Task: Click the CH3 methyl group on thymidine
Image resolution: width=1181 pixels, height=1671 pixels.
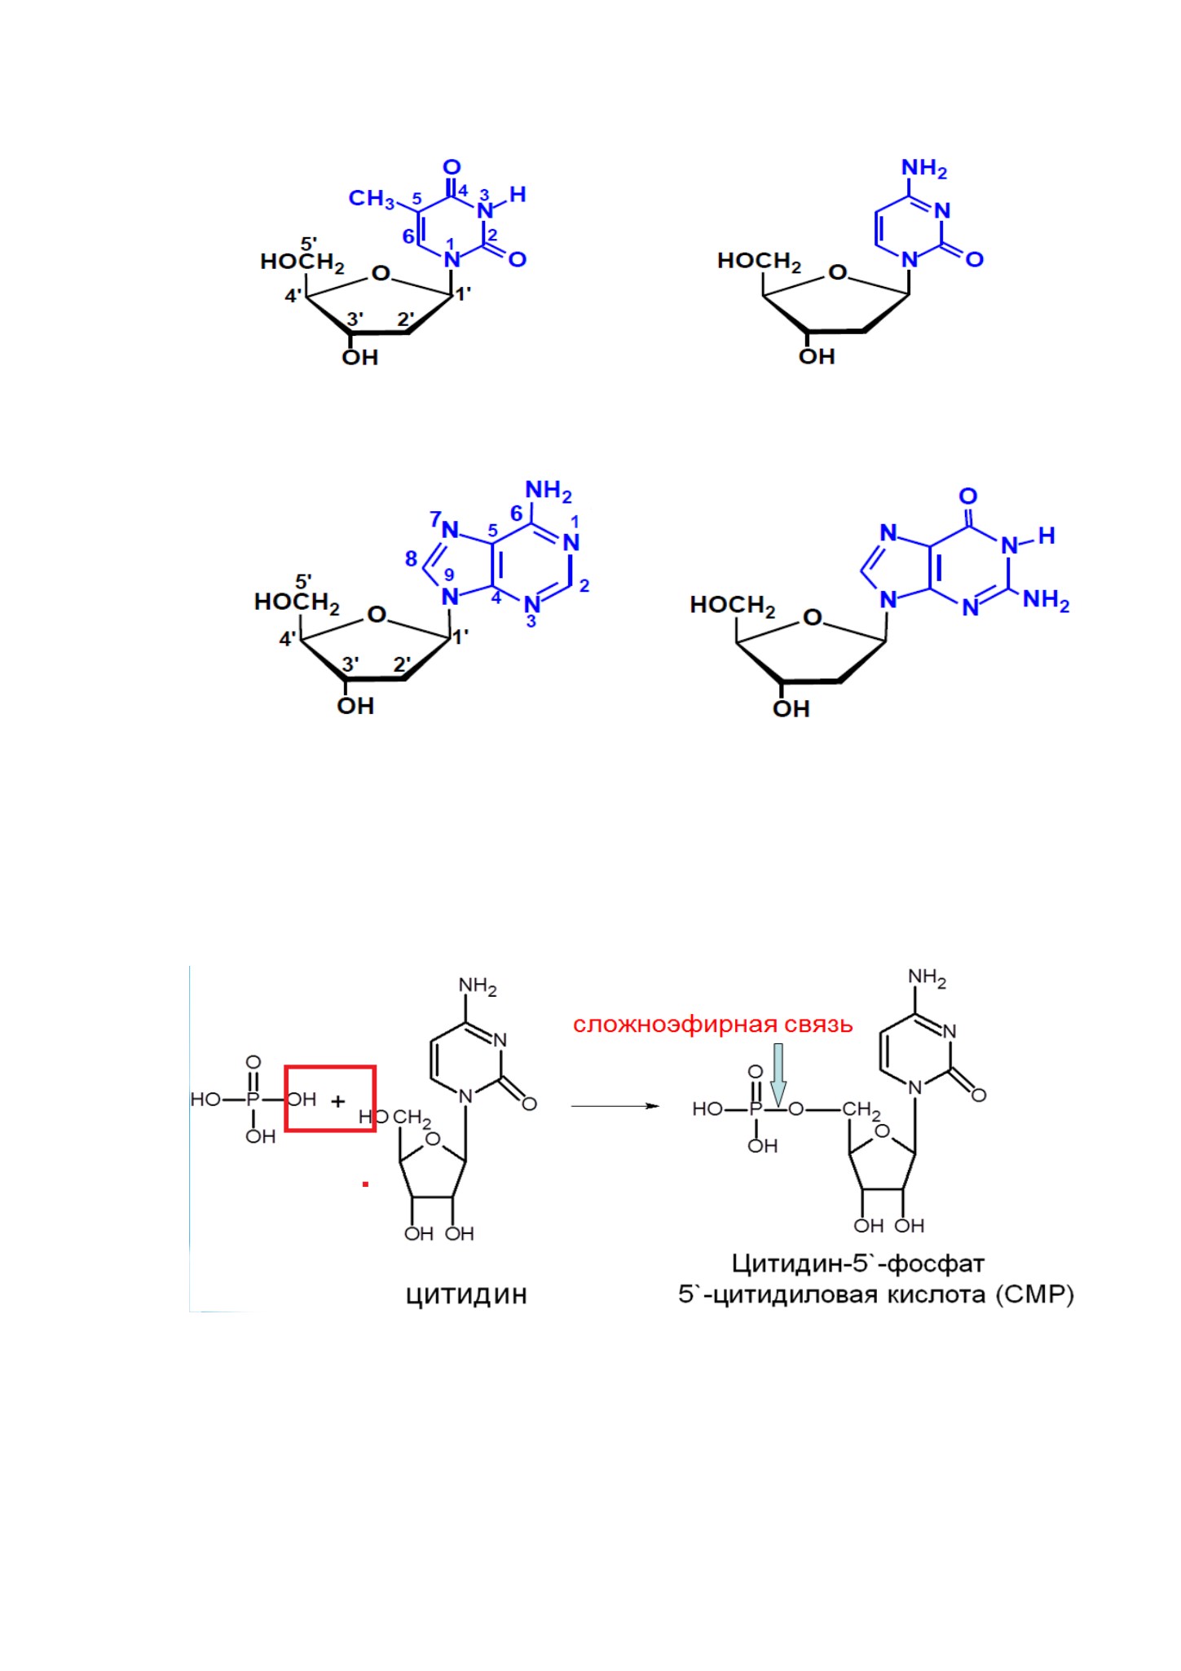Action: coord(372,199)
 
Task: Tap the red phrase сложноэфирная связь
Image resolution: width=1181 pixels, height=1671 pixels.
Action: coord(712,1025)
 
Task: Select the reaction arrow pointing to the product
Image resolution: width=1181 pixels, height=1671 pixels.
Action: coord(615,1106)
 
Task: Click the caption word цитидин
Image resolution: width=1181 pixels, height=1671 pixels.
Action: coord(466,1295)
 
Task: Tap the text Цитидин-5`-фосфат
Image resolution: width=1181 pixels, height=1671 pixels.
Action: coord(858,1263)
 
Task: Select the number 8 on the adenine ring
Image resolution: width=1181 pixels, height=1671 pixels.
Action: coord(412,559)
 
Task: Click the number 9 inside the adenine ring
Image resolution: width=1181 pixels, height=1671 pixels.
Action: coord(449,574)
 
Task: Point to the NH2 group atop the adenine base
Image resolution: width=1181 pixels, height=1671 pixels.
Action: coord(549,492)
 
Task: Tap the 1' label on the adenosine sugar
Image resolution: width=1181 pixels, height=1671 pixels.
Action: coord(461,637)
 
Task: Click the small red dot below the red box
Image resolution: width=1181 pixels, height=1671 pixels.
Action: coord(366,1184)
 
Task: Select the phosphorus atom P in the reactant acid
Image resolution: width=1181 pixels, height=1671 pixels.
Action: coord(253,1100)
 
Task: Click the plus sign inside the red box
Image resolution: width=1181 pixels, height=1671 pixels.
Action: coord(338,1100)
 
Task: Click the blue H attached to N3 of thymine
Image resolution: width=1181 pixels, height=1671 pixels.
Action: coord(518,194)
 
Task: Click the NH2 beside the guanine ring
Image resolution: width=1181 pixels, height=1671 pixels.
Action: coord(1046,601)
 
